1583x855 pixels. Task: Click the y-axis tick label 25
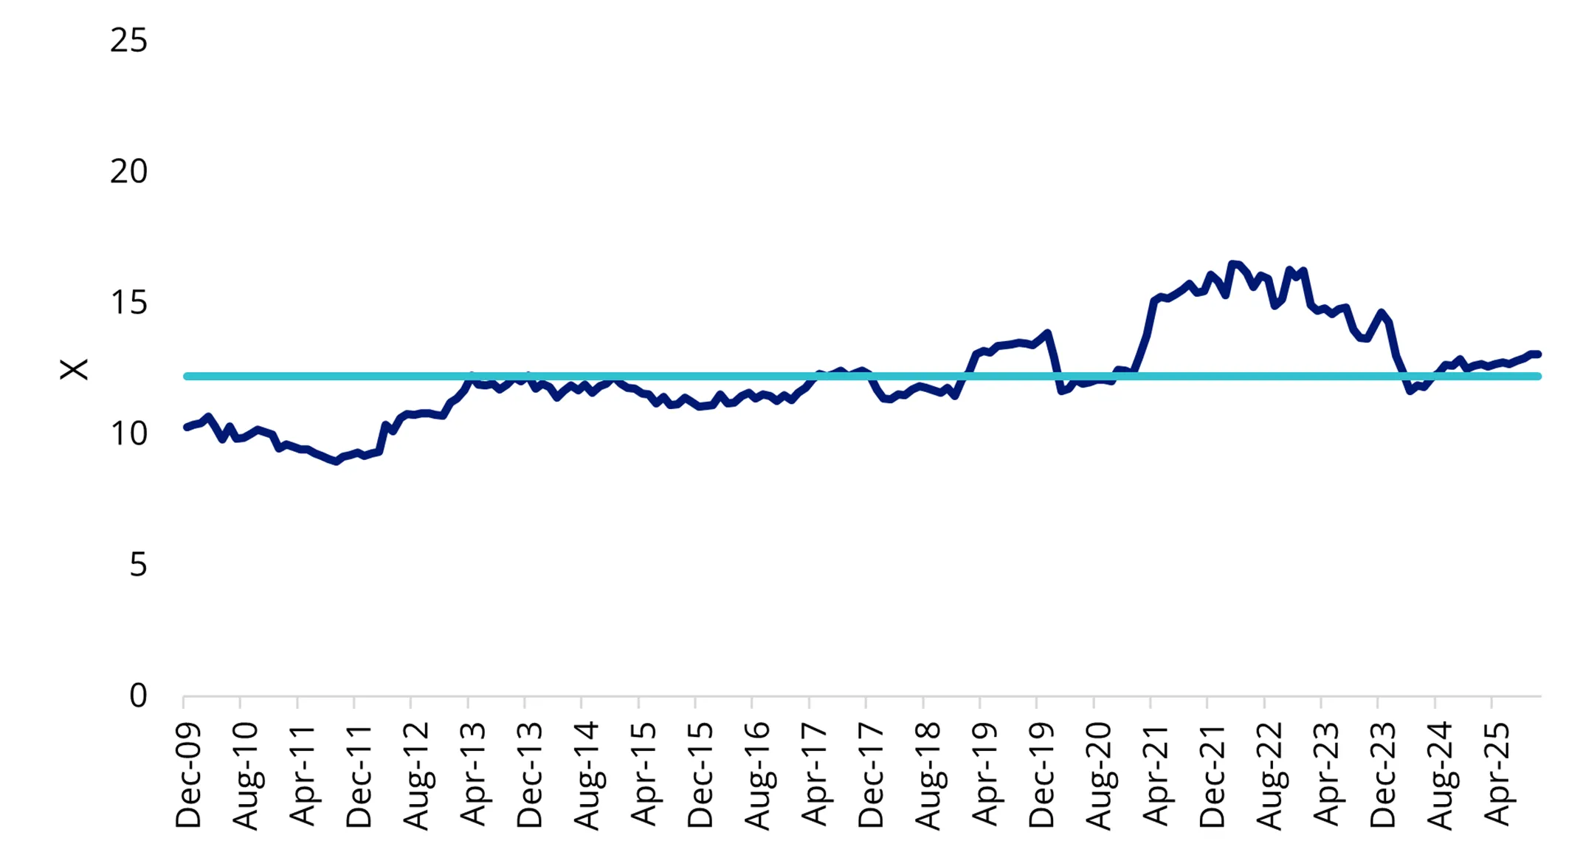coord(128,41)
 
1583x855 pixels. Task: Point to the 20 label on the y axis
coord(128,172)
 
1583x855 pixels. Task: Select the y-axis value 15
coord(128,303)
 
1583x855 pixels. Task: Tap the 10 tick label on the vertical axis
coord(128,434)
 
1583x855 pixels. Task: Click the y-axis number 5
coord(138,566)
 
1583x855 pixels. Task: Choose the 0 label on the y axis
coord(138,696)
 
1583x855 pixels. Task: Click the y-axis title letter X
coord(74,369)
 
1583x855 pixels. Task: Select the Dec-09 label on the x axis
coord(188,775)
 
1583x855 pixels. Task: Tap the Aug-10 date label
coord(245,775)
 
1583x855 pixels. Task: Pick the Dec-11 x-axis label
coord(359,775)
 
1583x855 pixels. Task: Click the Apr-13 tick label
coord(472,775)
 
